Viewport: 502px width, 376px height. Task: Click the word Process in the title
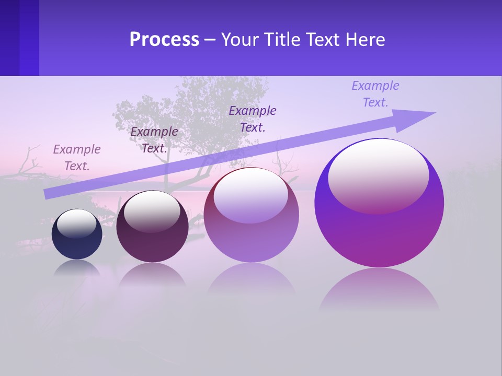[x=164, y=40]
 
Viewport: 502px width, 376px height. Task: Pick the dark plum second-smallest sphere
[x=152, y=235]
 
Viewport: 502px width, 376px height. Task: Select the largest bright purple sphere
[x=379, y=235]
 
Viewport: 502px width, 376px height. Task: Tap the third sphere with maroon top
[x=251, y=235]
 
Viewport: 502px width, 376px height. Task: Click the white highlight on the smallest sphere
[x=76, y=222]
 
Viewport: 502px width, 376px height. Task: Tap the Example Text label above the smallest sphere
[x=77, y=158]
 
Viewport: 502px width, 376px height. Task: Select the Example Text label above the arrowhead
[x=375, y=94]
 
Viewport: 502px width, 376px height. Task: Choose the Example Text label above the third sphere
[x=253, y=119]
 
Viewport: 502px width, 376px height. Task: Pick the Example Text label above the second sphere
[x=154, y=139]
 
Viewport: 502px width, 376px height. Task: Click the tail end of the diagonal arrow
[x=47, y=194]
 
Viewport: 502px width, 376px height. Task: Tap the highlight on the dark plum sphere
[x=152, y=210]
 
